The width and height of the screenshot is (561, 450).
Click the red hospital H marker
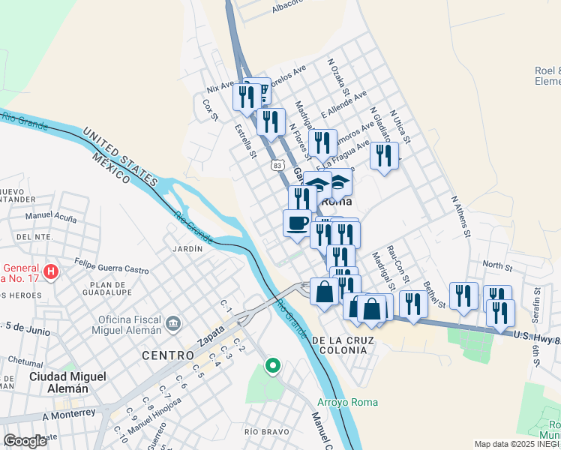coord(51,271)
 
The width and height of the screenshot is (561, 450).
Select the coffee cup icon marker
coord(297,223)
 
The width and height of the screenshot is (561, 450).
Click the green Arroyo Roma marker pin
coord(273,367)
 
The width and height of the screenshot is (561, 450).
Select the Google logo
coord(24,441)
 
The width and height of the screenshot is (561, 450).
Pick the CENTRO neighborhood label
coord(167,355)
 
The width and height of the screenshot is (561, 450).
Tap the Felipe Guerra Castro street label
coord(112,265)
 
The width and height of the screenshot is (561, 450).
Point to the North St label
coord(497,265)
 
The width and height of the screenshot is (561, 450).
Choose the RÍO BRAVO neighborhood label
coord(262,431)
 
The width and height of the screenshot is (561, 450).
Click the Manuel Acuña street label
coord(50,217)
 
